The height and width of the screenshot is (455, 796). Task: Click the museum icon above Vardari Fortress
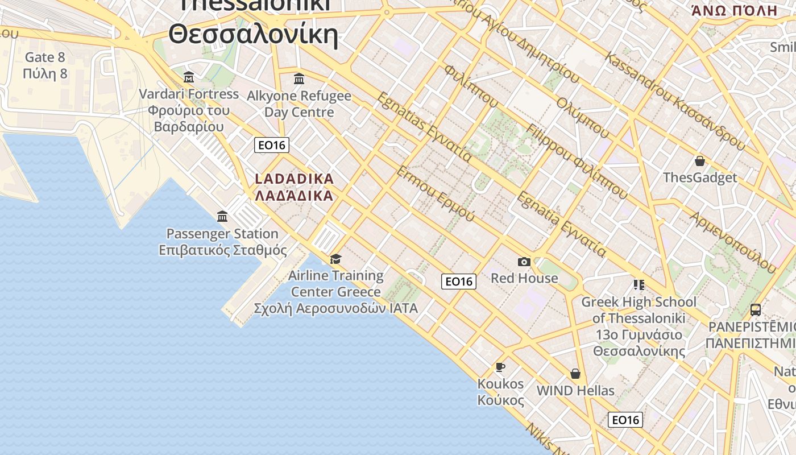tap(189, 77)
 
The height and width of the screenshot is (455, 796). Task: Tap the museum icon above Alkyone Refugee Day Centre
tap(298, 78)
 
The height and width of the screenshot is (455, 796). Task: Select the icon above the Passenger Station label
tap(222, 217)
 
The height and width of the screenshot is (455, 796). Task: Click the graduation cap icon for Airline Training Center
tap(335, 259)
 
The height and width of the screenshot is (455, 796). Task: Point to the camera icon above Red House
tap(524, 262)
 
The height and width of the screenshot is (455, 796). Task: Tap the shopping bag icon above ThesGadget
tap(700, 161)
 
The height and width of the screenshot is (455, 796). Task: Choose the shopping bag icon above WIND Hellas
tap(575, 374)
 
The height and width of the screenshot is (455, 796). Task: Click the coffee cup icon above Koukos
tap(500, 367)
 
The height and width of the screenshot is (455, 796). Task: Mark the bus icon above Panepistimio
tap(755, 310)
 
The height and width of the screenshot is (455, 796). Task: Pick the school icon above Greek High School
tap(639, 285)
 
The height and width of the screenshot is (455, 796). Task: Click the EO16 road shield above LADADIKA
tap(272, 145)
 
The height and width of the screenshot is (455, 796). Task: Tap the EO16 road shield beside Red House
tap(459, 281)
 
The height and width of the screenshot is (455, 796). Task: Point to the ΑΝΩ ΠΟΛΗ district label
tap(734, 10)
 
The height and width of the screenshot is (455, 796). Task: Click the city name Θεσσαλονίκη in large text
tap(254, 34)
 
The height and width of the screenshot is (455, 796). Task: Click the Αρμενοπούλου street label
tap(733, 242)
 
